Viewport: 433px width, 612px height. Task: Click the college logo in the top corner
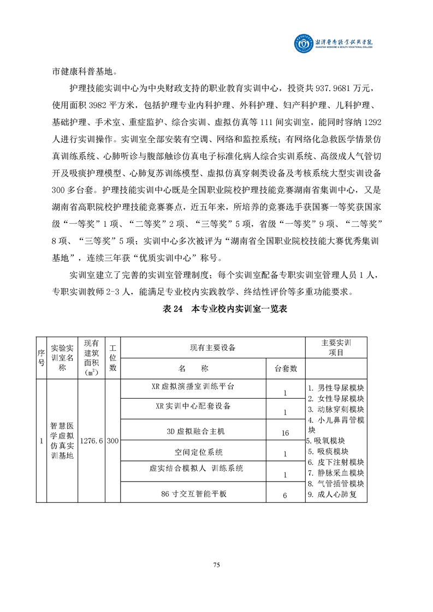pos(302,42)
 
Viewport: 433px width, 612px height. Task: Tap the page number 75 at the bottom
pos(217,565)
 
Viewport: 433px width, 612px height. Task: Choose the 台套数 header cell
pos(285,369)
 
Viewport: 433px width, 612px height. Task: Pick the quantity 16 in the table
pos(285,433)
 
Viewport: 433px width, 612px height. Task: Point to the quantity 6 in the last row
pos(285,496)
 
